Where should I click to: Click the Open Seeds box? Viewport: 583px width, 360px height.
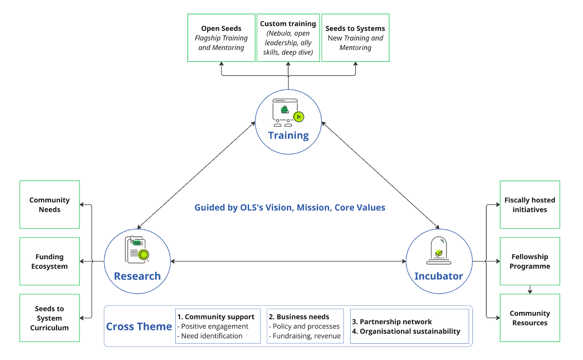coord(221,38)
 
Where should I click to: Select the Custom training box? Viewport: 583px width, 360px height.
coord(288,38)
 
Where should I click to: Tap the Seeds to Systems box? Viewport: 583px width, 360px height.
coord(355,38)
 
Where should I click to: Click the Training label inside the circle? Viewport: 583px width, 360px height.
coord(288,135)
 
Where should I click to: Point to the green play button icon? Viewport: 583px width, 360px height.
coord(299,116)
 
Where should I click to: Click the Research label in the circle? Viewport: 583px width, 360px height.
coord(137,276)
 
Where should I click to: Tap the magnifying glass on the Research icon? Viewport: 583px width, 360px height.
coord(143,255)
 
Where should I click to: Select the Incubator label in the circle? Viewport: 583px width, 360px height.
coord(438,276)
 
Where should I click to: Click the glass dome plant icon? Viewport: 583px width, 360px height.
coord(439,250)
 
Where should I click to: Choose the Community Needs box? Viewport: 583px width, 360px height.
coord(50,205)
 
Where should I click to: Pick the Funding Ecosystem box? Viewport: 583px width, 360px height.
coord(50,261)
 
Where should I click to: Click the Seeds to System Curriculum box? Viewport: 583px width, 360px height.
coord(50,318)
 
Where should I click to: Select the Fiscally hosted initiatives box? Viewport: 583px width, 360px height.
coord(530,205)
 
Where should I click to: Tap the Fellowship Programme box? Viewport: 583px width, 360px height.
coord(530,261)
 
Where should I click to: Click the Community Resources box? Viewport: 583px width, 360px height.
coord(530,318)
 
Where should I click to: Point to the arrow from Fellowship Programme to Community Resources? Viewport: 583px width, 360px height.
coord(530,290)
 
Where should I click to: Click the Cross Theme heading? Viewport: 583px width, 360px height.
coord(139,326)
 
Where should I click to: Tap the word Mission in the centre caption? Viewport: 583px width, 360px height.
coord(313,208)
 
